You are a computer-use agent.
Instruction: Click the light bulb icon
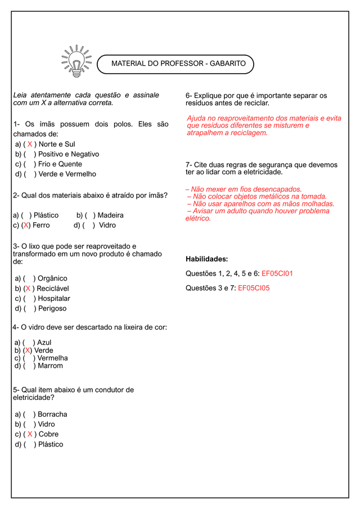[x=76, y=61]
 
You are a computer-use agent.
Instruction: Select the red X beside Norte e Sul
[x=30, y=145]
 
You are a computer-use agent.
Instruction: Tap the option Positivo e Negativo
[x=68, y=154]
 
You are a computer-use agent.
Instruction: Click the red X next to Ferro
[x=26, y=226]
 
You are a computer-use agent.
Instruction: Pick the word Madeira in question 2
[x=110, y=215]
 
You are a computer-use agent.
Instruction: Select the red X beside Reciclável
[x=28, y=289]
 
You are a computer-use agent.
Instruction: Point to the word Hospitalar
[x=54, y=299]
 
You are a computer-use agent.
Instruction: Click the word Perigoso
[x=52, y=309]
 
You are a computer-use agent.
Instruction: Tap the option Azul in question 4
[x=44, y=343]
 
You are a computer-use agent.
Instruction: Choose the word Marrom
[x=50, y=366]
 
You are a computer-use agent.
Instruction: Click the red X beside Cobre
[x=30, y=434]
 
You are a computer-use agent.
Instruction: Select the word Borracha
[x=52, y=415]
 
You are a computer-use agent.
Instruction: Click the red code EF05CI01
[x=277, y=274]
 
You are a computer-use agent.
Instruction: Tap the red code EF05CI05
[x=254, y=288]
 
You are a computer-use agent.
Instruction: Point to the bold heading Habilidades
[x=206, y=259]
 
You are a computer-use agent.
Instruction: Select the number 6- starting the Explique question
[x=190, y=96]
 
